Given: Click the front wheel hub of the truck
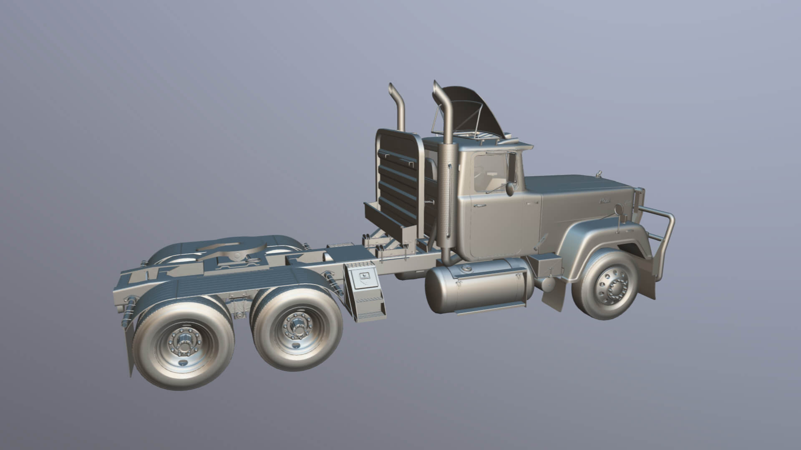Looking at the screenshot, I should tap(614, 287).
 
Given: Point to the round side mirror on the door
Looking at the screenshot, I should tap(510, 189).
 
